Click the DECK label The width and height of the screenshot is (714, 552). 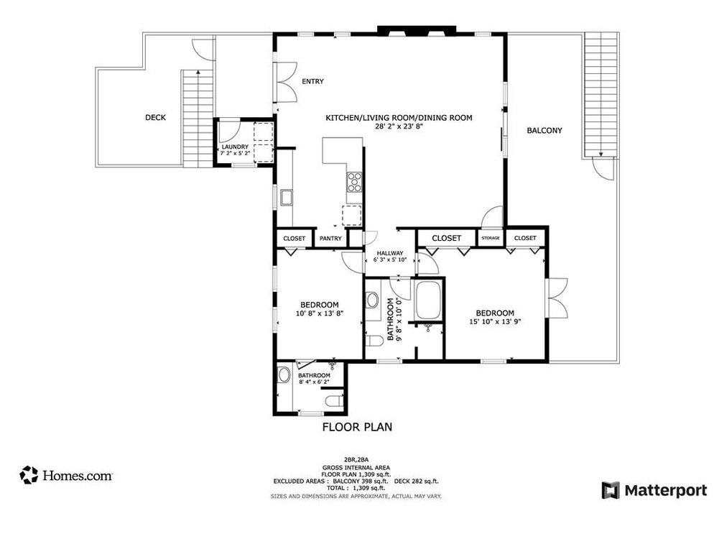click(x=155, y=118)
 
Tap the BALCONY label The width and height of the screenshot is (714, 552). click(x=544, y=131)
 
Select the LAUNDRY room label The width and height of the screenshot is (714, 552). click(x=234, y=147)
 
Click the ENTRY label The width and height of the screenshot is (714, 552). click(x=312, y=82)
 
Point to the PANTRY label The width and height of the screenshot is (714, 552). click(x=330, y=239)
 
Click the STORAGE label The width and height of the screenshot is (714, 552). click(x=491, y=238)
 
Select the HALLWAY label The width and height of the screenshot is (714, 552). click(x=391, y=253)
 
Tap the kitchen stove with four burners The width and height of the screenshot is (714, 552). click(x=355, y=183)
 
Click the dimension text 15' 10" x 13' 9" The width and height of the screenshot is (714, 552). click(x=495, y=322)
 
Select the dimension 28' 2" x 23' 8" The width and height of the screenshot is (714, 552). click(x=399, y=126)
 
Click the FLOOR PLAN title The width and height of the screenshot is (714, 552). click(x=356, y=427)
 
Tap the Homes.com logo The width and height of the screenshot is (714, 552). click(x=66, y=475)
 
